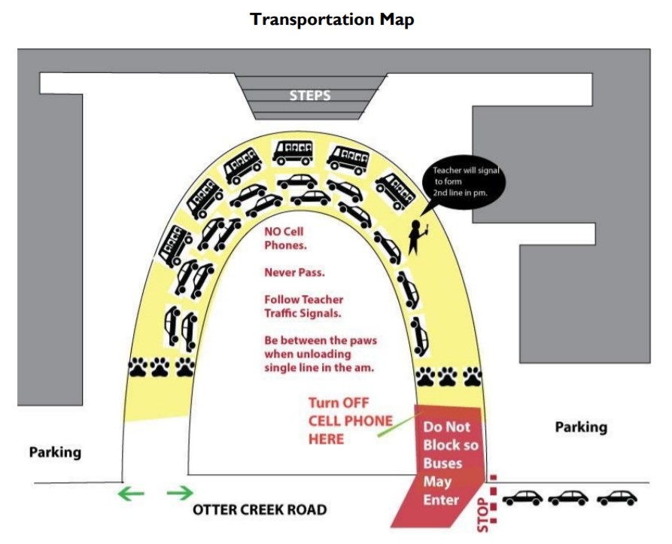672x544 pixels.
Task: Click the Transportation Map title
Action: [x=332, y=20]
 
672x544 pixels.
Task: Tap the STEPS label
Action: [x=310, y=95]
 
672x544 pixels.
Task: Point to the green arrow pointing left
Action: [x=131, y=494]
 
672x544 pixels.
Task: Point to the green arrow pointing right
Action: [x=180, y=493]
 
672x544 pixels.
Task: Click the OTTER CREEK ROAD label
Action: [x=260, y=509]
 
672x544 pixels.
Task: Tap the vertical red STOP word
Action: [x=482, y=515]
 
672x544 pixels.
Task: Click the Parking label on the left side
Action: [x=55, y=452]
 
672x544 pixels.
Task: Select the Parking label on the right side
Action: [x=581, y=427]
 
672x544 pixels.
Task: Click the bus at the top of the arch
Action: [x=293, y=153]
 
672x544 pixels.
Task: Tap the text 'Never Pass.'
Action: [x=294, y=272]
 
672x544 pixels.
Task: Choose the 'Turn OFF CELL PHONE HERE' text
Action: [x=350, y=421]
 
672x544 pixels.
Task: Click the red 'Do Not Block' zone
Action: [x=442, y=465]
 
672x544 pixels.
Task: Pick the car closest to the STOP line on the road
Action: [x=522, y=498]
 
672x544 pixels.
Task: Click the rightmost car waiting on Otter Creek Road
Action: [x=617, y=498]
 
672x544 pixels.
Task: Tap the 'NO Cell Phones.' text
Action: [x=285, y=239]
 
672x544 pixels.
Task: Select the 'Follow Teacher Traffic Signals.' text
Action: [x=303, y=306]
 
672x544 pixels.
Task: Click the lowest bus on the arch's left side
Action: [x=175, y=246]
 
